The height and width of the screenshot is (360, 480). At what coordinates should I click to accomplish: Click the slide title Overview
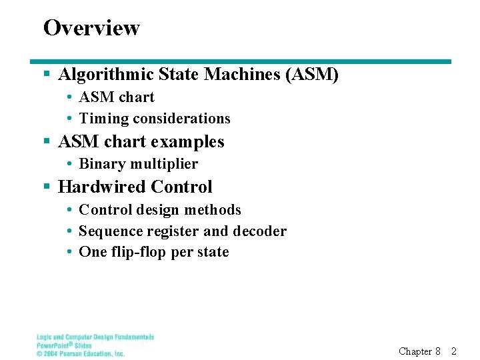point(91,28)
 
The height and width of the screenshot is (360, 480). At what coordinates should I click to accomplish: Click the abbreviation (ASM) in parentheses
point(312,75)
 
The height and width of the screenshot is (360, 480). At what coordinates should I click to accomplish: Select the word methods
point(213,210)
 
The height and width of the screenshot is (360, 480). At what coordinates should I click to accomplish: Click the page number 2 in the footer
point(454,351)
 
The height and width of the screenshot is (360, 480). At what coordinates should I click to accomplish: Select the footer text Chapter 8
point(419,351)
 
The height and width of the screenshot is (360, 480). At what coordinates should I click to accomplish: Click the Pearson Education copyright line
point(81,354)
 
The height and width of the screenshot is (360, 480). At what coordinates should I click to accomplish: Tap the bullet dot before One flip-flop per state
point(69,252)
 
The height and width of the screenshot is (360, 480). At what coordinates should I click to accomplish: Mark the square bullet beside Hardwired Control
point(47,187)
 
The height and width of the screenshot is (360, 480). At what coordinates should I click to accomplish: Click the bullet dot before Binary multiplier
point(69,164)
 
